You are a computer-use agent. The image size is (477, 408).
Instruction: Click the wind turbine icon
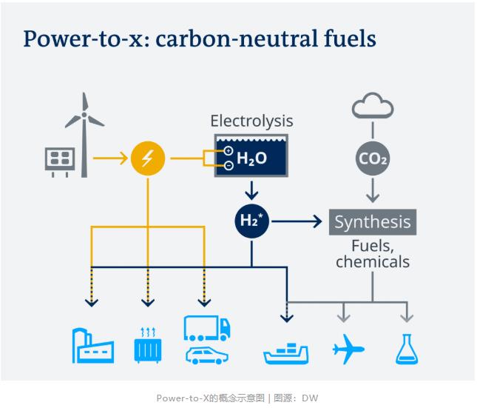(84, 133)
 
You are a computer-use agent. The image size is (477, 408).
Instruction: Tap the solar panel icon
(60, 158)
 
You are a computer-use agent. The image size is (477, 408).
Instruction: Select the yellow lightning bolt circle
(147, 158)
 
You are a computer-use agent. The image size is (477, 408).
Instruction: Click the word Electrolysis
(251, 121)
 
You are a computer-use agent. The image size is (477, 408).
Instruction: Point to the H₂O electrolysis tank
(251, 158)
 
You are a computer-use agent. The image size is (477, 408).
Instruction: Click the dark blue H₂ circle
(251, 220)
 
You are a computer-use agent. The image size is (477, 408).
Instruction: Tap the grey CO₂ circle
(372, 158)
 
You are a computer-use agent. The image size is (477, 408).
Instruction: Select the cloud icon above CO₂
(372, 108)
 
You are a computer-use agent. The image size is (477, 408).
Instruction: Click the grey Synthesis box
(371, 221)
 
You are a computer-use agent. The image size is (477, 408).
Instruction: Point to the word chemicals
(372, 261)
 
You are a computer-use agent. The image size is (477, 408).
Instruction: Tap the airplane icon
(348, 349)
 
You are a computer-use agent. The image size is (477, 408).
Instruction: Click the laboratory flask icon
(406, 349)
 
